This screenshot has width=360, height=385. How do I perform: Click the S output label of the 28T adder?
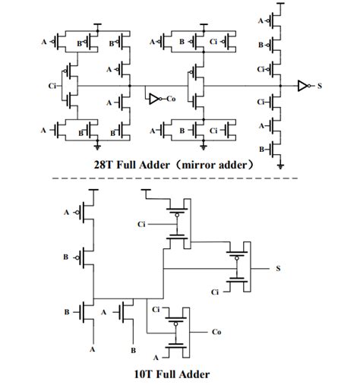pyautogui.click(x=320, y=87)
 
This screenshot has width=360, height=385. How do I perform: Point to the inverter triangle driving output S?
pyautogui.click(x=302, y=87)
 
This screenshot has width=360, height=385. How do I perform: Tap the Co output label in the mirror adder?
pyautogui.click(x=172, y=99)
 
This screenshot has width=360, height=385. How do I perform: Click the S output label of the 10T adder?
pyautogui.click(x=277, y=268)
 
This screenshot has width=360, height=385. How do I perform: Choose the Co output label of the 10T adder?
pyautogui.click(x=217, y=332)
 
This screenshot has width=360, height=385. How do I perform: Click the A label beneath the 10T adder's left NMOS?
pyautogui.click(x=93, y=350)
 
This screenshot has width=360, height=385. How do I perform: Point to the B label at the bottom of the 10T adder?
pyautogui.click(x=133, y=350)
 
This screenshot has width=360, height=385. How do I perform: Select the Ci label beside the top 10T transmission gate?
pyautogui.click(x=141, y=225)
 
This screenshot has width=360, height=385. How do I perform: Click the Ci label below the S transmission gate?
pyautogui.click(x=214, y=292)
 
